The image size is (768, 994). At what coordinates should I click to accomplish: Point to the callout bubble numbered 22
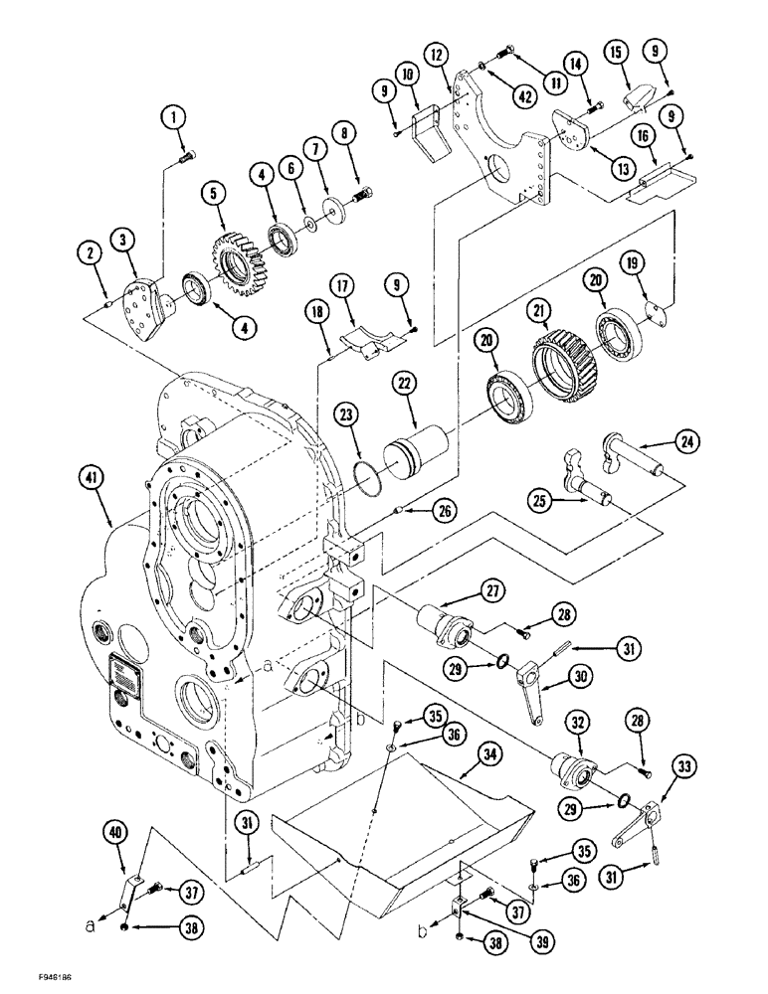[x=431, y=380]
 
